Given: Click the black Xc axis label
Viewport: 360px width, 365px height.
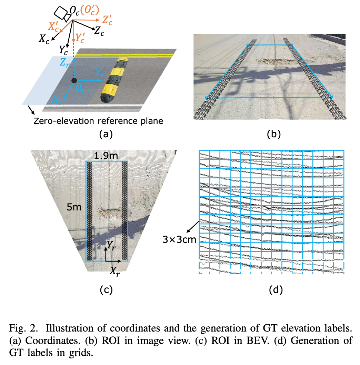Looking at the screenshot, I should (44, 39).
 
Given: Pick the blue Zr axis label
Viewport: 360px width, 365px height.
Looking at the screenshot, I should (65, 62).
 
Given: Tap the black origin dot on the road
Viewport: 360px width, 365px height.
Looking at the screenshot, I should (73, 80).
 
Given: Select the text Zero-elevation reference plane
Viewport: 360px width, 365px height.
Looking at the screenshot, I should (98, 121).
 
